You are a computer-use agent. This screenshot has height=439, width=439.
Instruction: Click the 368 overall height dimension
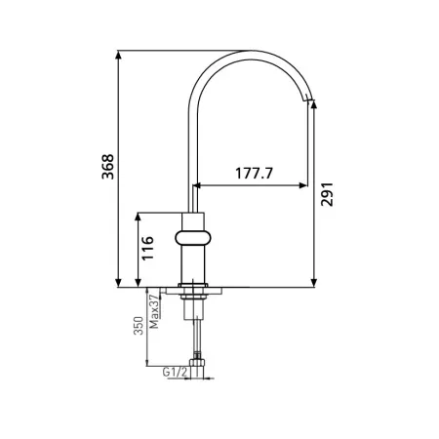pos(108,167)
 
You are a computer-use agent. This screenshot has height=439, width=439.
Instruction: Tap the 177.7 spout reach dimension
pos(255,174)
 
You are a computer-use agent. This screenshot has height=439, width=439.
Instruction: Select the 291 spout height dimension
pos(327,194)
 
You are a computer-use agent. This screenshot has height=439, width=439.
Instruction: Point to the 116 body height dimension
pos(147,248)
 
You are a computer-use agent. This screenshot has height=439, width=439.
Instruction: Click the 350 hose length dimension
pos(139,326)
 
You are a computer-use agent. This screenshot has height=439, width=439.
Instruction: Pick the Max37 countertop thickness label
pos(154,312)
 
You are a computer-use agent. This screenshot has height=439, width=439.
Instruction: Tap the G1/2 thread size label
pos(176,372)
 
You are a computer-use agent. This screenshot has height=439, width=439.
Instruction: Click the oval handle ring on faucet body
pos(193,238)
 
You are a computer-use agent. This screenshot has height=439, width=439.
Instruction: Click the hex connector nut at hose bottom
pos(197,362)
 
